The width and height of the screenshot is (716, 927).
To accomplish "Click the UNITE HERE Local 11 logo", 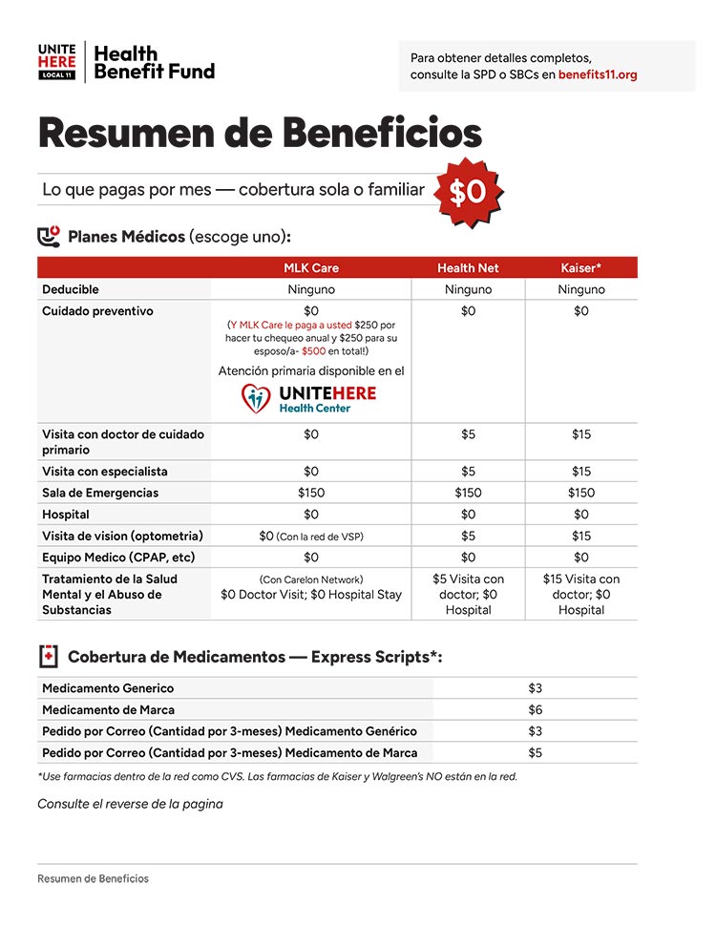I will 56,62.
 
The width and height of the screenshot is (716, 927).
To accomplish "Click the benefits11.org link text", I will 598,74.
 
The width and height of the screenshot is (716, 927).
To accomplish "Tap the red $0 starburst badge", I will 468,192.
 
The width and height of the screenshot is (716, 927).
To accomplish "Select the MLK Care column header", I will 311,268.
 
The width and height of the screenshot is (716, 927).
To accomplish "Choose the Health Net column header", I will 468,268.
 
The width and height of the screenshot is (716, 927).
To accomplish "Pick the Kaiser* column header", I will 580,268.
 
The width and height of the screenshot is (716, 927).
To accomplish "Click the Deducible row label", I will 71,289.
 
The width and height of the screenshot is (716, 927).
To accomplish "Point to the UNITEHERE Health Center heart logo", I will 256,399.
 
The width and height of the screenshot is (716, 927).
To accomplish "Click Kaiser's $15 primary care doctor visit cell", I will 580,434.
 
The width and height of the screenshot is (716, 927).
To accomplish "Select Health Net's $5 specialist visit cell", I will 468,472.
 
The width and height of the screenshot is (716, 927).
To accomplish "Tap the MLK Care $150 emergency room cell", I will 311,493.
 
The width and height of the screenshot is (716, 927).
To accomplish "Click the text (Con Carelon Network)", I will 311,579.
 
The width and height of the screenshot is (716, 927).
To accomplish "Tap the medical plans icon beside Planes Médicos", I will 49,236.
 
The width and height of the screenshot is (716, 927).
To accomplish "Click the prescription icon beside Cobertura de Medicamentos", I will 49,657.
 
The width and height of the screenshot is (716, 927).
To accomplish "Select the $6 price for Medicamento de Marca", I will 535,709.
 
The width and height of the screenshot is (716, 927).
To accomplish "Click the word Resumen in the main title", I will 123,133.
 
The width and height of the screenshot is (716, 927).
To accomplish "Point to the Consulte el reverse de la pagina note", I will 130,804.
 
